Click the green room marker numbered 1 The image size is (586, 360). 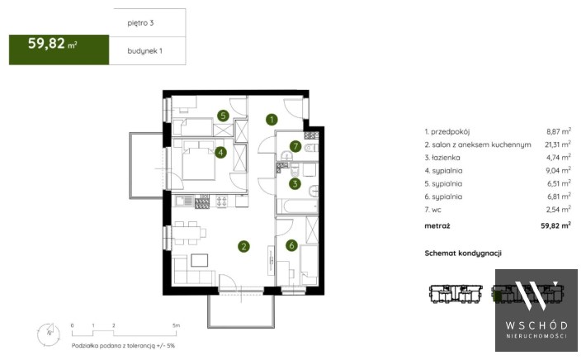pos(272,119)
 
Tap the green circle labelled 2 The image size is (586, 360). pos(243,246)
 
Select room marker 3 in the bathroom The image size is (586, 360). pos(295,183)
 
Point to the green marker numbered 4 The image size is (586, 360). pos(220,153)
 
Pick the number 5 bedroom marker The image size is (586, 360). pos(223,116)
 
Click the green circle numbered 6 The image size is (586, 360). pos(291,245)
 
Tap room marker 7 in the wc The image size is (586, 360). pos(295,146)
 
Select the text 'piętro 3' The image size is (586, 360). pos(140,23)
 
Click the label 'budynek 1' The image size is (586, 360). pos(145,51)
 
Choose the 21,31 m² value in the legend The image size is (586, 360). pos(558,144)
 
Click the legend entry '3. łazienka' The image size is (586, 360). pos(442,158)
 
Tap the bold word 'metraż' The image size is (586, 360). pos(437,225)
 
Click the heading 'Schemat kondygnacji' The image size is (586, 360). pos(463,253)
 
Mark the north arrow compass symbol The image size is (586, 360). pos(49,333)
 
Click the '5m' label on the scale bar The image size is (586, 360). pos(177,325)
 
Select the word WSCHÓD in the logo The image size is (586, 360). pos(536,325)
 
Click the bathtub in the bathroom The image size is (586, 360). pos(297,206)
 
